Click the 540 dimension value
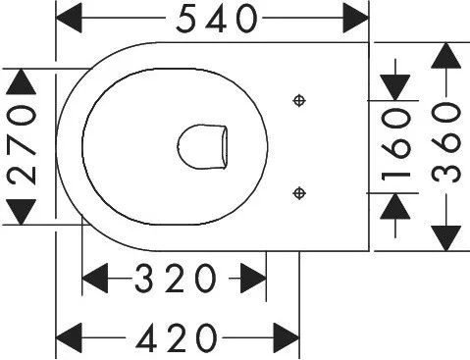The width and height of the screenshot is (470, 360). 217,19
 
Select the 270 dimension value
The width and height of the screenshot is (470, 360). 22,145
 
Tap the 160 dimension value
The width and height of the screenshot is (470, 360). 396,145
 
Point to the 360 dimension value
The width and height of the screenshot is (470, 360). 445,142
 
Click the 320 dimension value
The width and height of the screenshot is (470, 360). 176,279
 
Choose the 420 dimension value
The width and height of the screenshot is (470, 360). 177,338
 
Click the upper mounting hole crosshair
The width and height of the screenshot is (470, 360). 299,101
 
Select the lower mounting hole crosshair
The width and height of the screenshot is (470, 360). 299,193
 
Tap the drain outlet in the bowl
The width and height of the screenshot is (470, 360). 203,147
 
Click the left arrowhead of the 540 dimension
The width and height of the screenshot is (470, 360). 69,19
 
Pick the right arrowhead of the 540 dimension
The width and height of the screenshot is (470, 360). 356,19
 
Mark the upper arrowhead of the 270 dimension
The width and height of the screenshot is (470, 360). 22,81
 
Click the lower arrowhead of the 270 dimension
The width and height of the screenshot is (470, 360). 22,212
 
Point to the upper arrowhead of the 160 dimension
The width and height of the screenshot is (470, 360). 395,87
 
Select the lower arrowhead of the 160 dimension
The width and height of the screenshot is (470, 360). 395,206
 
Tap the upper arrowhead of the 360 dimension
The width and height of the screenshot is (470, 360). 446,55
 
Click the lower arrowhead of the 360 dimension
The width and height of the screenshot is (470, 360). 446,238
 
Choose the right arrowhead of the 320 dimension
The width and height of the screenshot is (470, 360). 253,279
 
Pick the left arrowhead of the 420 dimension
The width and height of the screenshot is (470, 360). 69,338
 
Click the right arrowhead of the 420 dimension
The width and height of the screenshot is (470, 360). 287,338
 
